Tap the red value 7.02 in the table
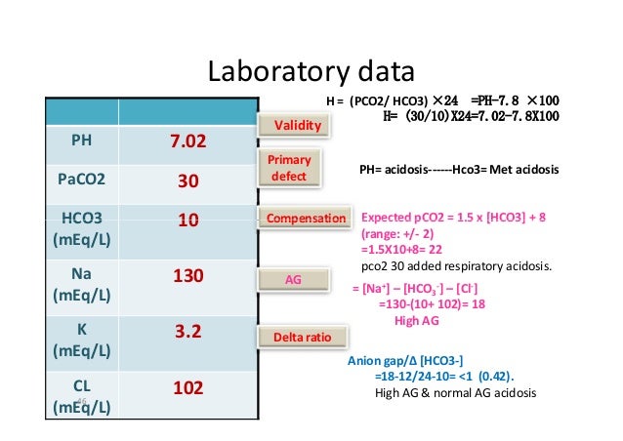tap(187, 142)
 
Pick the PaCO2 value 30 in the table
tap(187, 181)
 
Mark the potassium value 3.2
tap(187, 332)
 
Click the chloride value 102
tap(187, 388)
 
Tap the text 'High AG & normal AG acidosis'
tap(457, 393)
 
